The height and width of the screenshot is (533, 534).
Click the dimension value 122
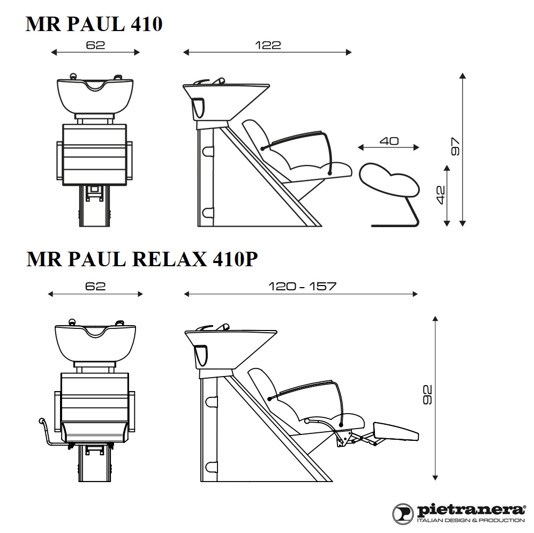268,45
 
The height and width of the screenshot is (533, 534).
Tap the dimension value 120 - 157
302,286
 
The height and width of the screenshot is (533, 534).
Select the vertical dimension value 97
455,146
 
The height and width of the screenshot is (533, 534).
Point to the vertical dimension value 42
440,195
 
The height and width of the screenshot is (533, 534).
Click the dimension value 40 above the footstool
389,141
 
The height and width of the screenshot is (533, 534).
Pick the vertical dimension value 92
427,395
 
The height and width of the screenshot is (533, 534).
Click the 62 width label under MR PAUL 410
95,45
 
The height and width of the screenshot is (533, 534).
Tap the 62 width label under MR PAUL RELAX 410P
95,286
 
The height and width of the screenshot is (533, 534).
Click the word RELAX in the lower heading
169,259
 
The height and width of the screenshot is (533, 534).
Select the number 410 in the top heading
146,24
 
